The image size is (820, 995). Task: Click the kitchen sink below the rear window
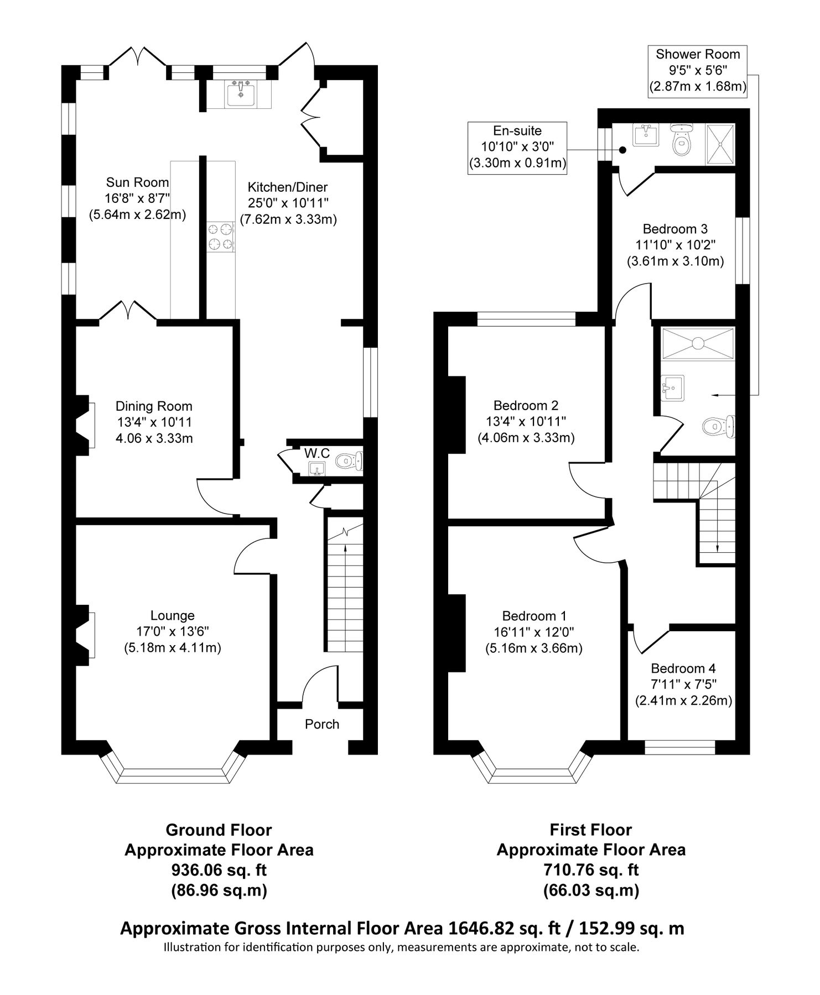[x=241, y=93]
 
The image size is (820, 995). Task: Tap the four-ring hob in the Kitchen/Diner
[x=220, y=236]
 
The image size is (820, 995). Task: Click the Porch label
[x=322, y=724]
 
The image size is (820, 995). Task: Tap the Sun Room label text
[x=138, y=182]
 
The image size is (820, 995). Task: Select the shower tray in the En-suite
[x=720, y=144]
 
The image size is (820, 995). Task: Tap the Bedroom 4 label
[x=683, y=668]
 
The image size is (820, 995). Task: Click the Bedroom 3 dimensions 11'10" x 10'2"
[x=674, y=245]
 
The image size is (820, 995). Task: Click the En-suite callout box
[x=517, y=148]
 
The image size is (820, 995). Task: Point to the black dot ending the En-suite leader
[x=622, y=150]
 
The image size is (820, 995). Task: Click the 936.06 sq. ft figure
[x=219, y=870]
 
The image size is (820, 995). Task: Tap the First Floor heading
[x=590, y=830]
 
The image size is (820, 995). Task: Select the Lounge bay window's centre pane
[x=174, y=774]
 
